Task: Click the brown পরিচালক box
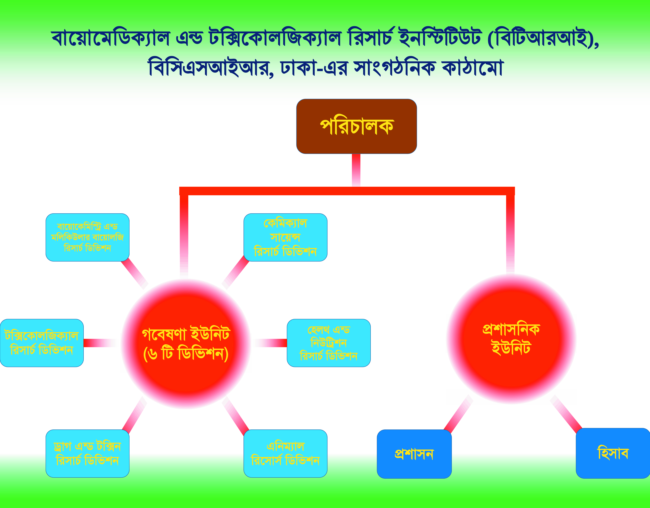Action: [x=356, y=126]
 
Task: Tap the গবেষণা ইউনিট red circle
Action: [x=186, y=344]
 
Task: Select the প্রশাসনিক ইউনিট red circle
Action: [x=511, y=339]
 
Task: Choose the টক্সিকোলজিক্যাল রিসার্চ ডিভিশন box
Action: [x=42, y=343]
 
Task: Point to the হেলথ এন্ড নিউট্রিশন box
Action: [x=329, y=343]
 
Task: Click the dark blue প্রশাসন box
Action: [x=414, y=454]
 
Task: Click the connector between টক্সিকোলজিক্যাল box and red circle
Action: [x=100, y=343]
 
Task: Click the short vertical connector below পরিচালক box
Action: [x=356, y=170]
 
